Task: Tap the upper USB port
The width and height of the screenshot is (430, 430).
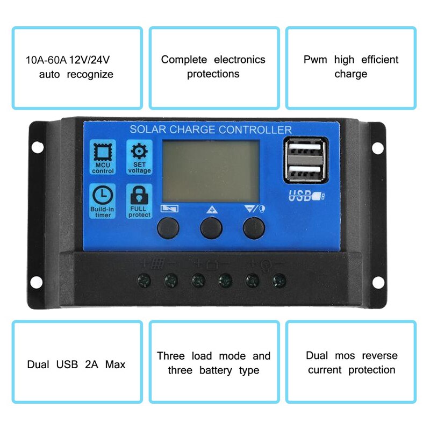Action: (304, 152)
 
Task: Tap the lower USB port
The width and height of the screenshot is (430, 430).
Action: (304, 172)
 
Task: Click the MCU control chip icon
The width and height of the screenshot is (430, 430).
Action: (102, 153)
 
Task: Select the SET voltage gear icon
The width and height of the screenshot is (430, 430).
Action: (139, 152)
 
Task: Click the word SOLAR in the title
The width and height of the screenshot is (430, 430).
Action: (148, 130)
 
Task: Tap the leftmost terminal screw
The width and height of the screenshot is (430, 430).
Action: (144, 279)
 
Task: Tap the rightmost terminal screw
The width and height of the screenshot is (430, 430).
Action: (278, 279)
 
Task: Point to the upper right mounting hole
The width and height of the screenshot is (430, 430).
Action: (378, 146)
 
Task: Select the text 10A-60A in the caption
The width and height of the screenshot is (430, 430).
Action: (45, 60)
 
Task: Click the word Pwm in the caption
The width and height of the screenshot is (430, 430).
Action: (315, 60)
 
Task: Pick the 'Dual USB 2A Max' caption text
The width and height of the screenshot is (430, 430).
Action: (76, 364)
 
